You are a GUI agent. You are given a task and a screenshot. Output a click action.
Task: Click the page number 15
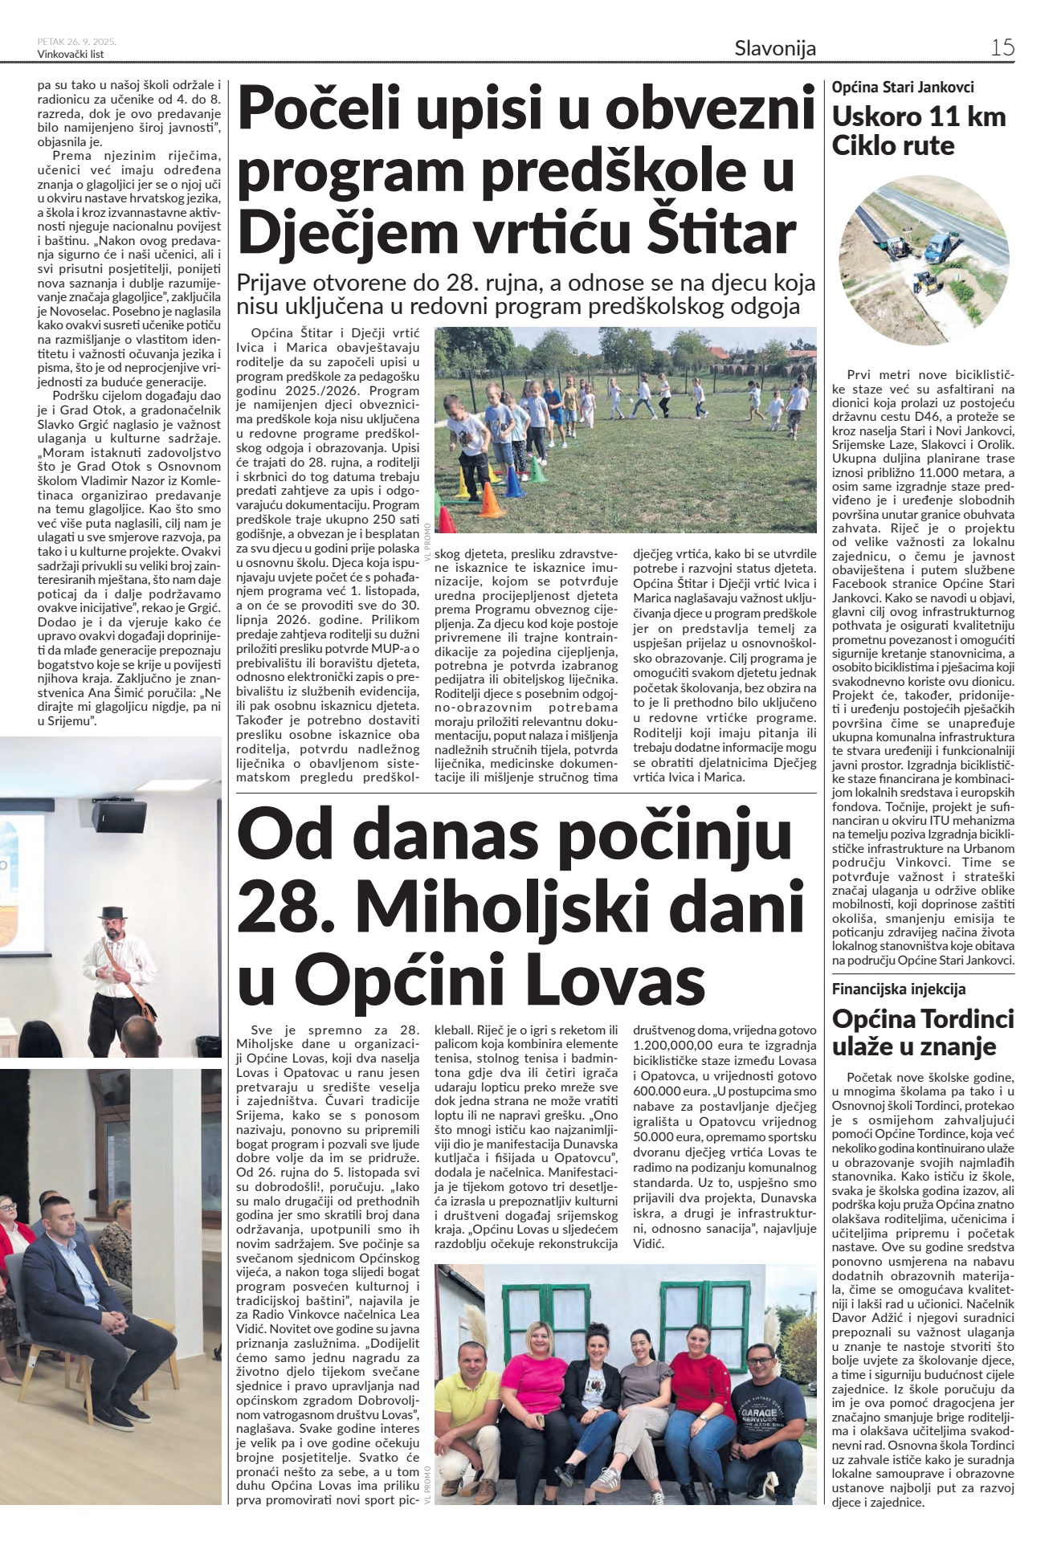coord(1002,47)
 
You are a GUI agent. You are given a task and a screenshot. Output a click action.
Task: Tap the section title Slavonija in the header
coord(774,49)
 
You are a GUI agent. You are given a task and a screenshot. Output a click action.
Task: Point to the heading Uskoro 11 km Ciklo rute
coord(918,131)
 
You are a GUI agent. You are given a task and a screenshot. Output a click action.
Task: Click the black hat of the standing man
coord(112,914)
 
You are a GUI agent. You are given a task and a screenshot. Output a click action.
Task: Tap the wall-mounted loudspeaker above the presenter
coord(118,815)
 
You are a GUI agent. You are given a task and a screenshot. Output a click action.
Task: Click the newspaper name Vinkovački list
coord(71,55)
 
